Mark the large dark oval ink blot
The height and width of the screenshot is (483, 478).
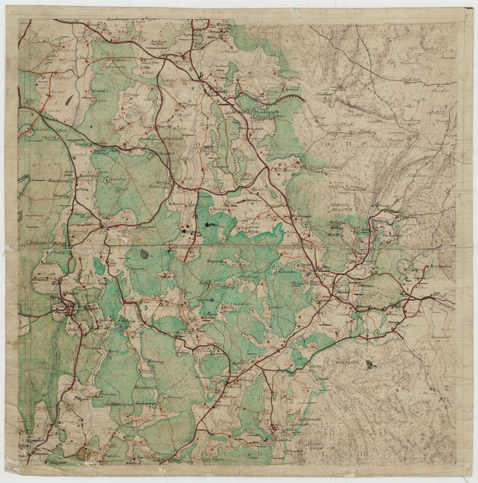(x=144, y=253)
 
